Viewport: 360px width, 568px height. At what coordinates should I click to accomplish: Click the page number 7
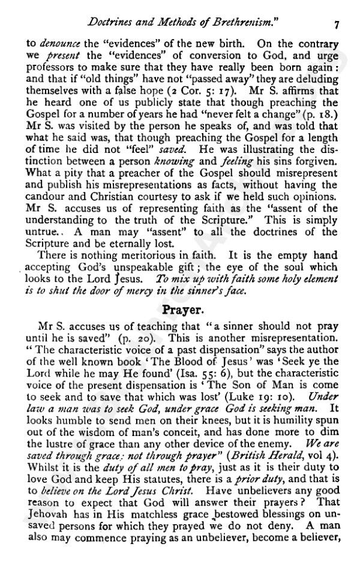click(x=338, y=25)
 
